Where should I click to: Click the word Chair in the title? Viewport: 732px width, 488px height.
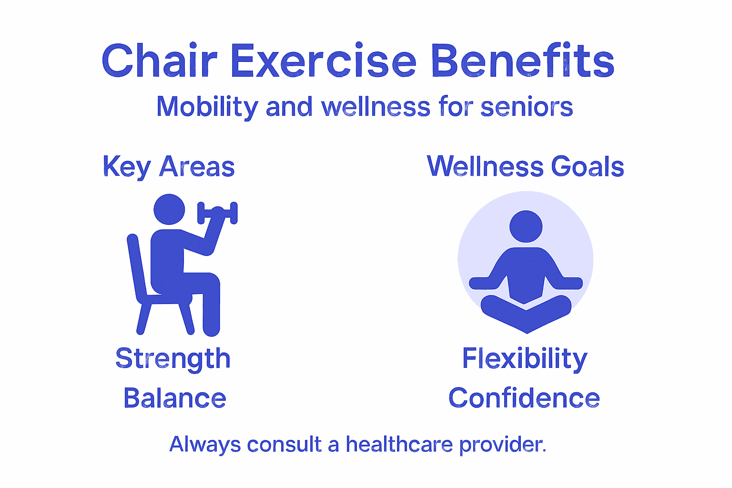tap(159, 61)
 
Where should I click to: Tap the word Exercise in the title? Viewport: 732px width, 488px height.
tap(324, 61)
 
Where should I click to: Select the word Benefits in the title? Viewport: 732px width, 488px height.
tap(522, 61)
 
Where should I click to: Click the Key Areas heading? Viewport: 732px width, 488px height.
tap(169, 167)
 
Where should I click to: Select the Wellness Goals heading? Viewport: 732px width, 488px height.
tap(525, 167)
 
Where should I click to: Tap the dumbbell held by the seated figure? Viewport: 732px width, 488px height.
tap(217, 213)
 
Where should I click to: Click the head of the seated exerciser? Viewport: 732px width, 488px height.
tap(169, 209)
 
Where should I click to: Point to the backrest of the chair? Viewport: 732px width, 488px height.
tap(135, 267)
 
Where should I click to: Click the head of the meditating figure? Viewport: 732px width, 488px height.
tap(526, 226)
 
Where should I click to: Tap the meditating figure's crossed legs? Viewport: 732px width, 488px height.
tap(526, 312)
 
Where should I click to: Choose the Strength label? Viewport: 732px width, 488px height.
tap(173, 359)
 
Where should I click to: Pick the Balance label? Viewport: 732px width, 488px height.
tap(174, 398)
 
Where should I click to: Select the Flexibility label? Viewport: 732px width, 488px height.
tap(525, 359)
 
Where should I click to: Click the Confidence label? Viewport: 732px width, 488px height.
tap(524, 398)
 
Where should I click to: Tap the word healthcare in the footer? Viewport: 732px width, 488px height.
tap(399, 444)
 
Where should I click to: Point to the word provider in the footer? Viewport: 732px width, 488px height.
tap(502, 444)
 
